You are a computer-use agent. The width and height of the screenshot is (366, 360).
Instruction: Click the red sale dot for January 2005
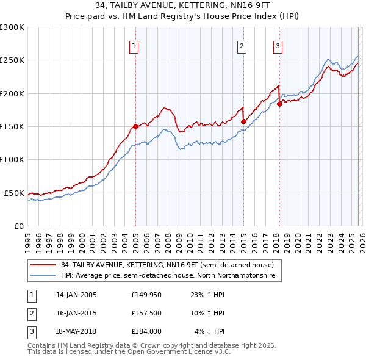135,126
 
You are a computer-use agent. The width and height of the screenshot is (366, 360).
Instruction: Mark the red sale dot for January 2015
243,121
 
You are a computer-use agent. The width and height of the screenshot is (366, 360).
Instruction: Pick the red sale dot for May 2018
279,104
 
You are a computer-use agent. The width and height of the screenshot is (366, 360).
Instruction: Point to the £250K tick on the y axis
12,60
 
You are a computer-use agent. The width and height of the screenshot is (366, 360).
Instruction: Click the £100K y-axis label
12,160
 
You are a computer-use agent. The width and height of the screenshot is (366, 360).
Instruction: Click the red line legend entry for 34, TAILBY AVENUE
171,265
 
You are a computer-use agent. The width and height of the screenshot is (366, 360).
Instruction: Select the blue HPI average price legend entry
168,276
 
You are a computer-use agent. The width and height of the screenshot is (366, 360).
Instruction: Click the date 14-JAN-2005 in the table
76,295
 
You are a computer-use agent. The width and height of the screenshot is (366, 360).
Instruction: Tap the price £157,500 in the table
146,313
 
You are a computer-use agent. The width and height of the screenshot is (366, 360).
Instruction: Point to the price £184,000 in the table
146,331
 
